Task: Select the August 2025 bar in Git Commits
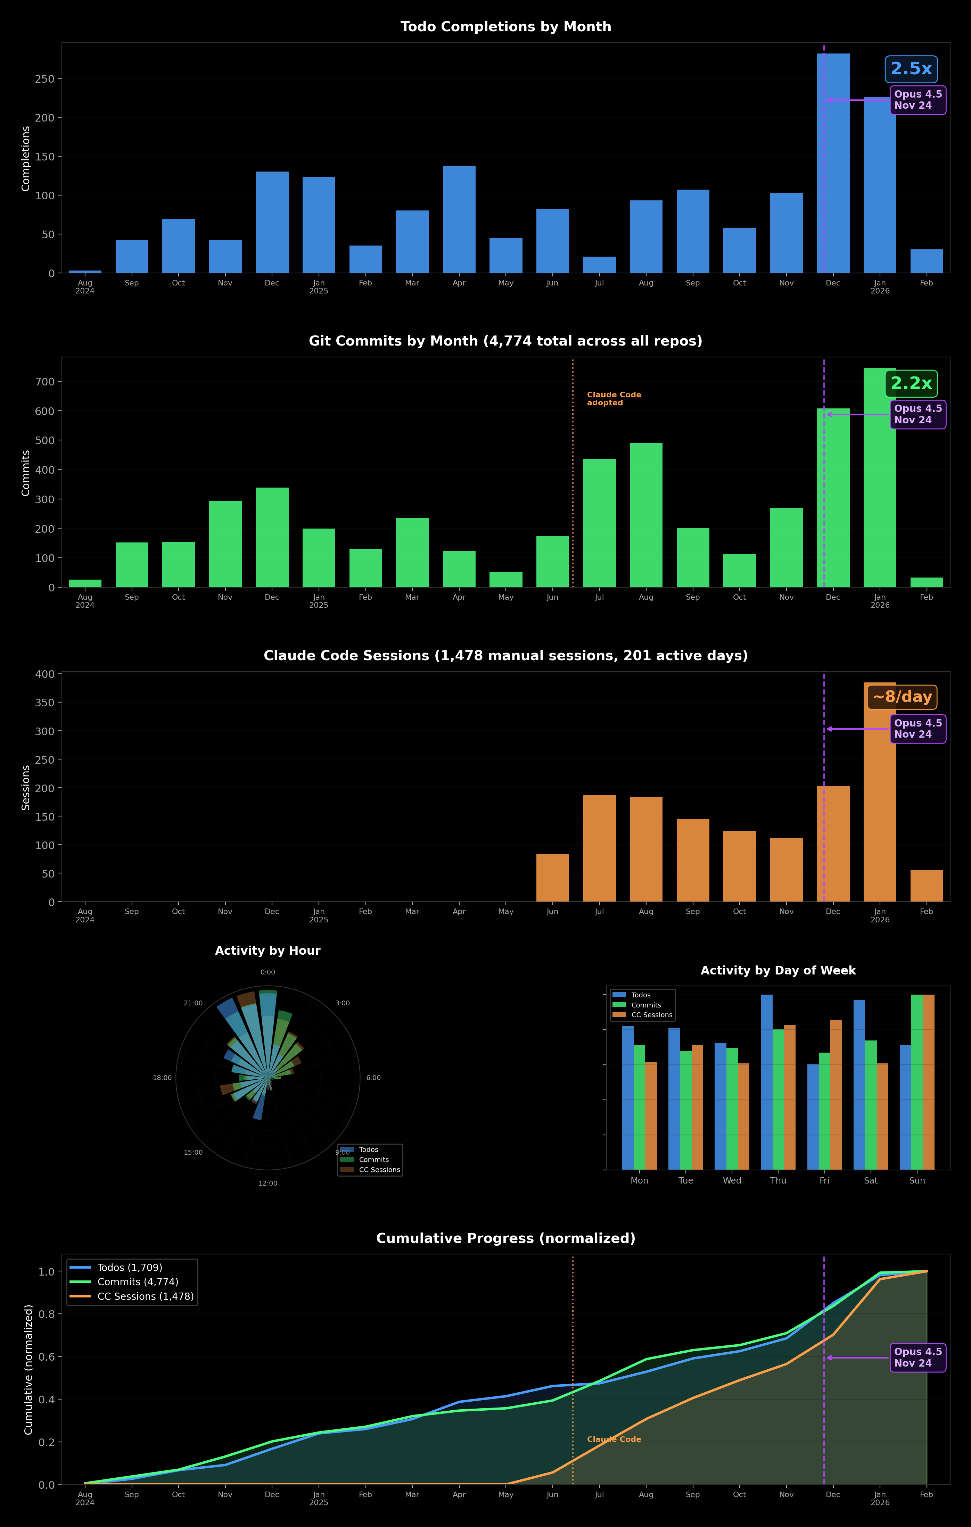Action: click(x=645, y=515)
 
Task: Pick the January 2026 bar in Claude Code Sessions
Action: click(x=880, y=792)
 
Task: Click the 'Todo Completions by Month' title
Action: click(x=505, y=27)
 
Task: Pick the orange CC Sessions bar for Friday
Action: click(x=836, y=1095)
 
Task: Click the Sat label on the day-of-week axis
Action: click(x=870, y=1180)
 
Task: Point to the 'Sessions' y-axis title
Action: click(x=26, y=787)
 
